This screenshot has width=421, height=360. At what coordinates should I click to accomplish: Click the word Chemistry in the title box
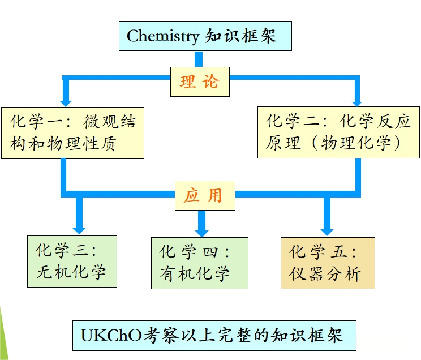(163, 36)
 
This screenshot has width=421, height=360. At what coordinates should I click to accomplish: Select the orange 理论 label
(199, 82)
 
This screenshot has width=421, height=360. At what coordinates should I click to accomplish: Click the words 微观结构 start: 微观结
(110, 121)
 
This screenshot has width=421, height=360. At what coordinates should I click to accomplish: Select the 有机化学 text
(195, 274)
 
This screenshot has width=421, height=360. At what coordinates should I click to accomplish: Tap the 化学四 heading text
(195, 251)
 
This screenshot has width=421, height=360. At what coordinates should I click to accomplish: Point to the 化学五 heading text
(323, 251)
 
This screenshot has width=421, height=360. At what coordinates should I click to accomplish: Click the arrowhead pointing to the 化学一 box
(66, 100)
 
